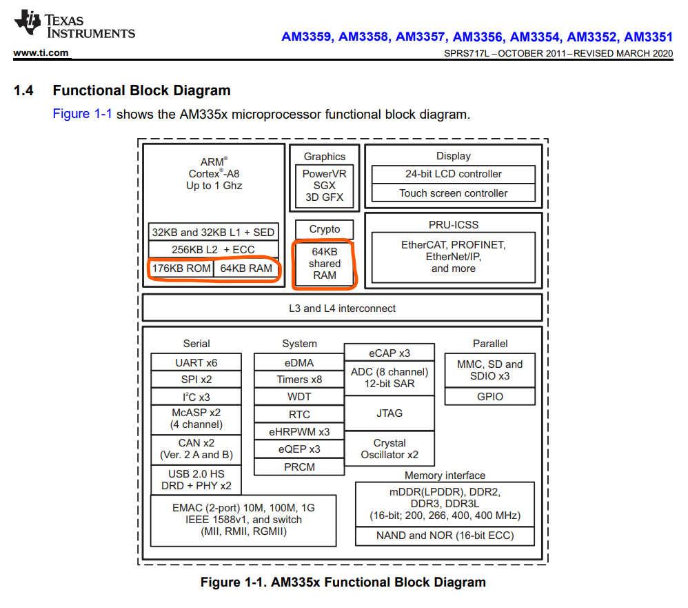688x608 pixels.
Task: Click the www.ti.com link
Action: coord(41,53)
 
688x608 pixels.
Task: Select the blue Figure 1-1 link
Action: coord(82,114)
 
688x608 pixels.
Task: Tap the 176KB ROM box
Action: coord(181,268)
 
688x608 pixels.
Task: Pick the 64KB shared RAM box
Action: coord(324,264)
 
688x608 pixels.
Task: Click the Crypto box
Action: coord(324,229)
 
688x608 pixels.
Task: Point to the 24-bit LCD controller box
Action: coord(453,174)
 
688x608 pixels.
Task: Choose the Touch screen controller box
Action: coord(453,193)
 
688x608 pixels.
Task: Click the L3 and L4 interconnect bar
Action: coord(342,308)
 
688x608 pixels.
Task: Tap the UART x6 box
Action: coord(196,362)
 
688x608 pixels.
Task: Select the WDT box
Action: coord(299,397)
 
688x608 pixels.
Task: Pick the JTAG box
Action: coord(389,413)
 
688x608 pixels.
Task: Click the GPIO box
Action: coord(489,396)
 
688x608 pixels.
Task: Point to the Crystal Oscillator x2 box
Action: coord(389,449)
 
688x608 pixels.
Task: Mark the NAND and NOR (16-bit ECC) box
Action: coord(445,536)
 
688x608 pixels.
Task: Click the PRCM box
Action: coord(299,467)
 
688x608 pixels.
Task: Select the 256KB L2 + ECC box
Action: coord(213,249)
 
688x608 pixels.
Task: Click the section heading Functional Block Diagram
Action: coord(141,90)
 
